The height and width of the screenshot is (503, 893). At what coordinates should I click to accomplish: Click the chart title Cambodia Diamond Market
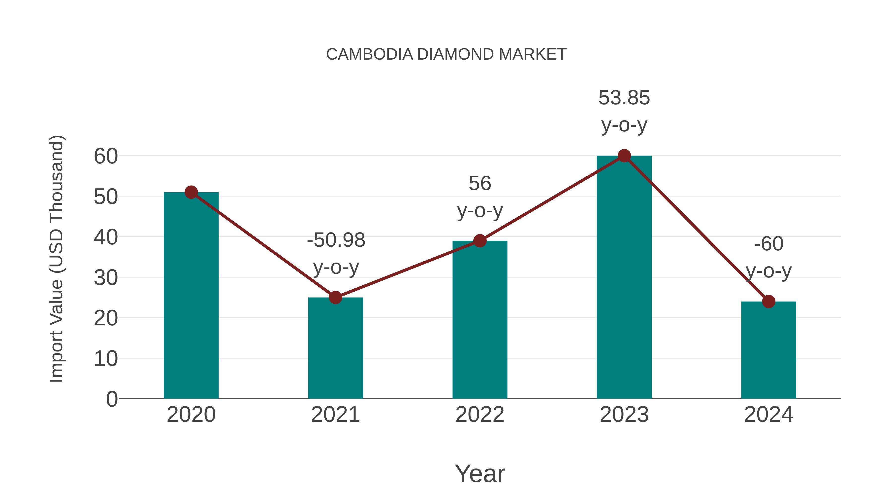click(446, 54)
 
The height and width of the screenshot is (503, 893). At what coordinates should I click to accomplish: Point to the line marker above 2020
click(191, 192)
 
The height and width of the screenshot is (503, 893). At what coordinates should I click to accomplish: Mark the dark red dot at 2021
click(335, 298)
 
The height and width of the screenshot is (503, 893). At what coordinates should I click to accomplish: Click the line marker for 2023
click(624, 156)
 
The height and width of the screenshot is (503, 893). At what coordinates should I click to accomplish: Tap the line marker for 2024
click(768, 301)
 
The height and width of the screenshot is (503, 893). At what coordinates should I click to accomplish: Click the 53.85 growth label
click(624, 98)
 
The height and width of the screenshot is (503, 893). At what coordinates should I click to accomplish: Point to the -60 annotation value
click(768, 244)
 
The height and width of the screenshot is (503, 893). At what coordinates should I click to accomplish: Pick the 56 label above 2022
click(480, 183)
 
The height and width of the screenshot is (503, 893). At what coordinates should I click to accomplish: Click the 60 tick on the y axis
click(106, 156)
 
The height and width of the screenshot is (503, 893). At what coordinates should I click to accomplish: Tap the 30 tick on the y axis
click(106, 278)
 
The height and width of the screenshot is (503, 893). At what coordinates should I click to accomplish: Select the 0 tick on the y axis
click(112, 399)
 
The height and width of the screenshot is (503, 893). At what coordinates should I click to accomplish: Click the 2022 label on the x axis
click(480, 415)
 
